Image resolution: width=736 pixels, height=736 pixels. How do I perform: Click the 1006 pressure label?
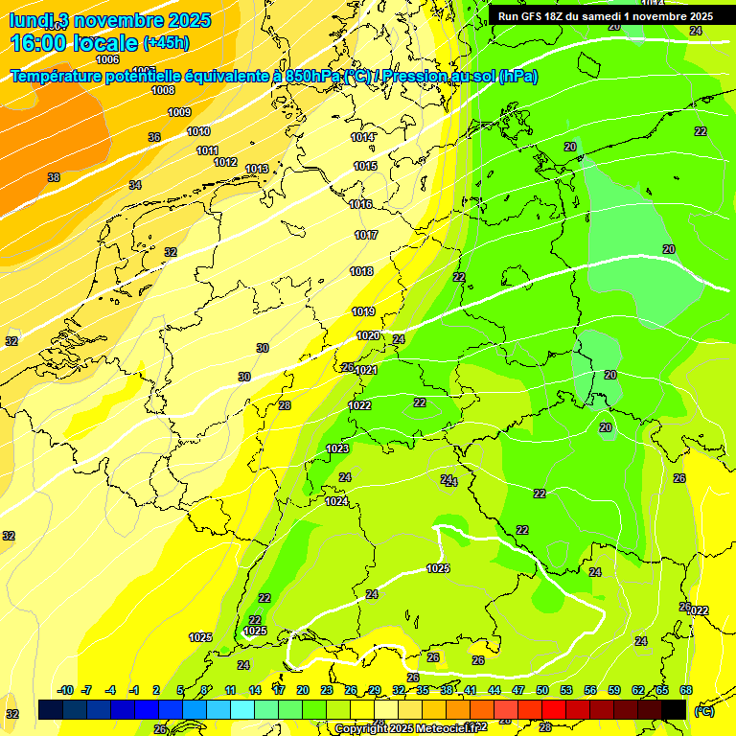point(107,59)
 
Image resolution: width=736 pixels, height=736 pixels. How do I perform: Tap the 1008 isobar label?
point(163,90)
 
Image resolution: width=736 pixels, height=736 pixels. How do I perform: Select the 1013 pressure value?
point(256,170)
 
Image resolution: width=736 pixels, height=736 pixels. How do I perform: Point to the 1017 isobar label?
point(366,235)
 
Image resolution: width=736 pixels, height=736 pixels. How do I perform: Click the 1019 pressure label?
point(363,311)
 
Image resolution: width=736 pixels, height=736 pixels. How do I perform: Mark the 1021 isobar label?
point(366,371)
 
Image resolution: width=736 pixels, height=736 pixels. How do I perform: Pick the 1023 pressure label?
point(337,448)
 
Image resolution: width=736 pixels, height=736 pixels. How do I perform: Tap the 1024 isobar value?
point(336,501)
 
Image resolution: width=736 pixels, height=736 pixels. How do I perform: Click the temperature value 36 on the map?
point(154,137)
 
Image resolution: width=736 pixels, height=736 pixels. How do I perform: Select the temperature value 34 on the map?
point(135,185)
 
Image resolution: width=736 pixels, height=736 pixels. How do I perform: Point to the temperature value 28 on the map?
point(285,405)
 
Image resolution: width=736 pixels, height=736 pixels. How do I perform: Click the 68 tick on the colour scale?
point(686,690)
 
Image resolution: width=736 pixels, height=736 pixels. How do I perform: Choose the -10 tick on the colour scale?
point(65,690)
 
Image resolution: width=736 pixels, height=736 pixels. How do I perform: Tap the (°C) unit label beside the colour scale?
point(703,711)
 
